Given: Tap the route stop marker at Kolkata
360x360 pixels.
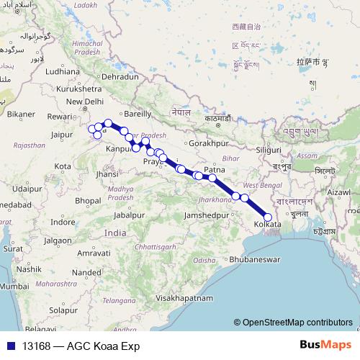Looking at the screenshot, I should point(268,217).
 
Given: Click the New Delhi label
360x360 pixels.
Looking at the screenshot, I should point(87,101).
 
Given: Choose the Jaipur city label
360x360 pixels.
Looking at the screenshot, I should point(64,133).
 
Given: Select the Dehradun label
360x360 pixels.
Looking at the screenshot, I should point(120,76).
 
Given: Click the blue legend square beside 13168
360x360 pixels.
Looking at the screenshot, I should point(11,346).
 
